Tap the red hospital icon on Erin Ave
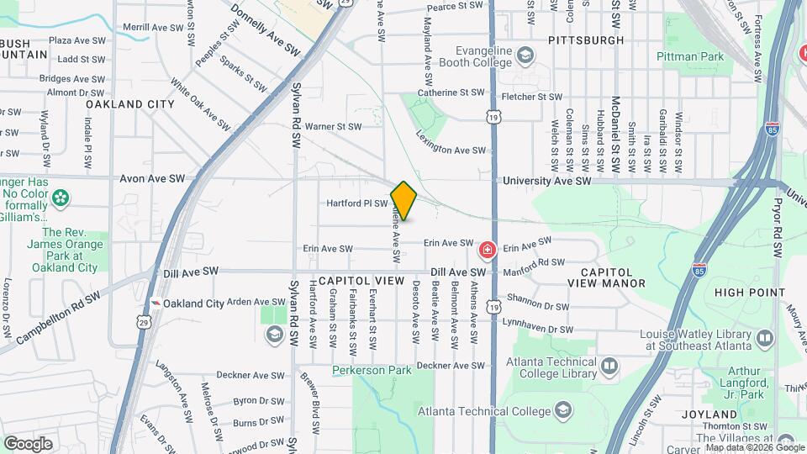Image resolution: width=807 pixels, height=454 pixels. pos(487,250)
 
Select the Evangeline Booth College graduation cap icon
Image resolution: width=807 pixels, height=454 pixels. pos(525,56)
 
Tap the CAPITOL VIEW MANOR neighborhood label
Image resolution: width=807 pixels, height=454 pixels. pos(613,277)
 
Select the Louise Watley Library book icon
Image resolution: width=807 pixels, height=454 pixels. pos(764,337)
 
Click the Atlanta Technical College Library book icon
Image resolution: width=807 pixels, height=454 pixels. pos(609,366)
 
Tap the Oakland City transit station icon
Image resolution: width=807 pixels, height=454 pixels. pos(155,303)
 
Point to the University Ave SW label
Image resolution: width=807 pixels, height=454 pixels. pos(547,181)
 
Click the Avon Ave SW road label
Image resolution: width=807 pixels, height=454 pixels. pos(152,178)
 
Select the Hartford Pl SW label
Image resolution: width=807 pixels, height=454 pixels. pos(357,203)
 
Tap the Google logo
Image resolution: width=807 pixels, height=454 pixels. pos(28,444)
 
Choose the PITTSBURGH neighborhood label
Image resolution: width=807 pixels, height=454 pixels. pos(586,40)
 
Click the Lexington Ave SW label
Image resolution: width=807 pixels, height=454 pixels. pos(451,143)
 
